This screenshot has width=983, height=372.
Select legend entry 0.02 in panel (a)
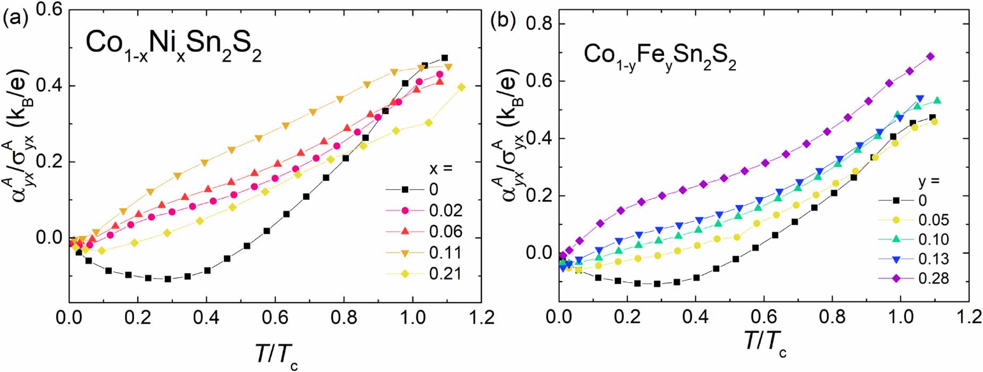coord(446,211)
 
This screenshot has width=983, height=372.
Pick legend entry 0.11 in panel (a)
coord(446,253)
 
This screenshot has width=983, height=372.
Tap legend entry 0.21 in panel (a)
coord(446,274)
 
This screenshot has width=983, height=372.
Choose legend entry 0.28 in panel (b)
coord(934,278)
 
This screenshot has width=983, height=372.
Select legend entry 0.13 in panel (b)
coord(934,259)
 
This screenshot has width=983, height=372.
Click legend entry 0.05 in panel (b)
coord(934,220)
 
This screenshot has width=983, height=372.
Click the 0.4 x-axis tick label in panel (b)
coord(695,318)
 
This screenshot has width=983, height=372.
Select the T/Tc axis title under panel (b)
coord(766,341)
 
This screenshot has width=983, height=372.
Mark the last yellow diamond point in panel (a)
coord(461,87)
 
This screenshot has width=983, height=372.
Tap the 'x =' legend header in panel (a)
coord(441,169)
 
